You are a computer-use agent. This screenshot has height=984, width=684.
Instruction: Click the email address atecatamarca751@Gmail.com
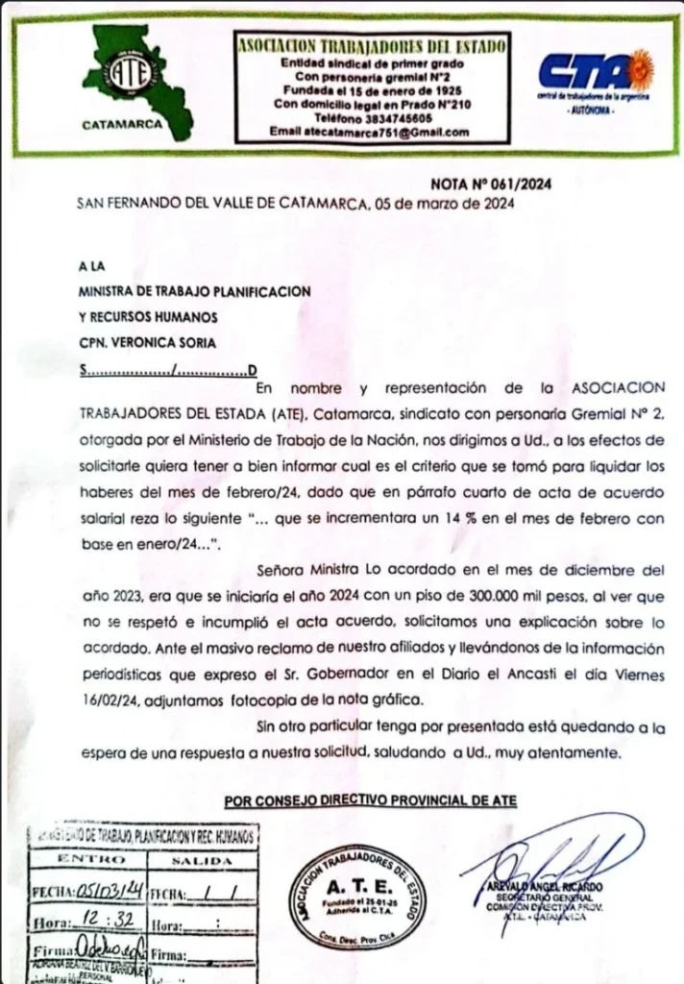click(370, 132)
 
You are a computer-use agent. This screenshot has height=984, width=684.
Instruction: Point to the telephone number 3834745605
click(386, 118)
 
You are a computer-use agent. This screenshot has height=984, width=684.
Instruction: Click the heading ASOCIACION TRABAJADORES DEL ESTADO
click(372, 44)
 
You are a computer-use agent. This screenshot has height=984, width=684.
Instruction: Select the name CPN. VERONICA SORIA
click(147, 343)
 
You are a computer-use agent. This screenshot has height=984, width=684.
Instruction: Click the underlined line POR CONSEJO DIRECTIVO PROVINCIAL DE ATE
click(370, 801)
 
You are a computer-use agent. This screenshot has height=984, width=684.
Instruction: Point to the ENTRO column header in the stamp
click(91, 859)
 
